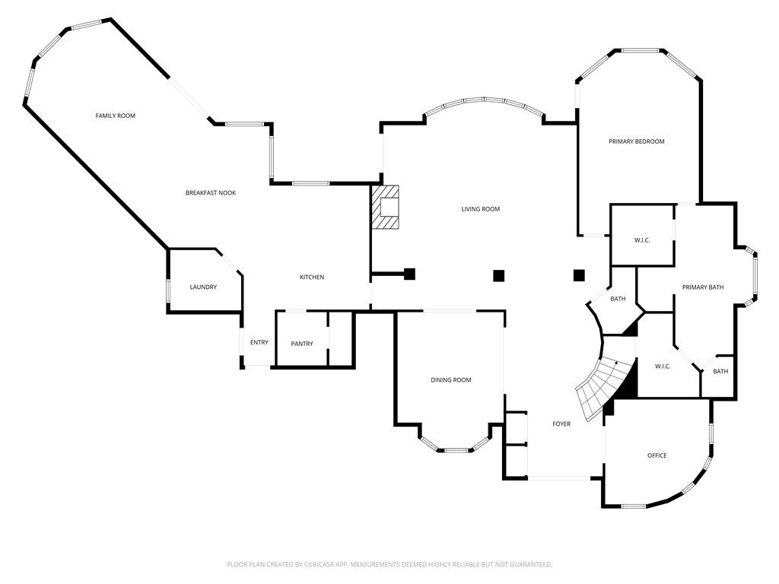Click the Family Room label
(115, 116)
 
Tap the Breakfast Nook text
(211, 193)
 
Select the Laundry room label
(203, 287)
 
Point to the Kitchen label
(312, 278)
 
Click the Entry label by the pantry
(259, 342)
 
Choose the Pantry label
(302, 344)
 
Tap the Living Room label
(481, 209)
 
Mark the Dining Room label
(451, 380)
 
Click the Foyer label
(561, 424)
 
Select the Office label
(657, 455)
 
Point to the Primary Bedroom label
(637, 141)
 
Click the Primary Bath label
(703, 287)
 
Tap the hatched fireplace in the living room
(386, 207)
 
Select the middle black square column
(499, 275)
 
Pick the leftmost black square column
(409, 274)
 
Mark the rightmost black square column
(579, 275)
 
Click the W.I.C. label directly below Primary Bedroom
(642, 240)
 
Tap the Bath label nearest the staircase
(618, 299)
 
